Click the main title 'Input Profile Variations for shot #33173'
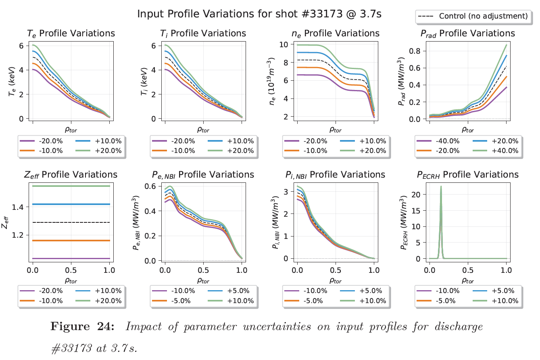[259, 14]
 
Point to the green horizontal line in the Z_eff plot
[71, 186]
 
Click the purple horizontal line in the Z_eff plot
[71, 258]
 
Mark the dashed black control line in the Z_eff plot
[71, 222]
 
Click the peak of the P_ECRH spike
[441, 186]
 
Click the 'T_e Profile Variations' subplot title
[71, 33]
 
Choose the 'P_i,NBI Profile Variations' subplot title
[335, 175]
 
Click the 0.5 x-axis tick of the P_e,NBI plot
[203, 270]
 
